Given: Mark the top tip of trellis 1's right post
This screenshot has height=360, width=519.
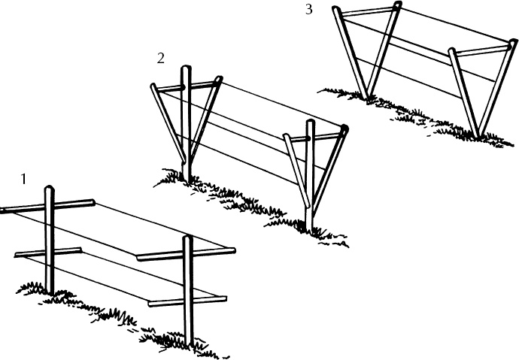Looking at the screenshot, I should tap(187, 239).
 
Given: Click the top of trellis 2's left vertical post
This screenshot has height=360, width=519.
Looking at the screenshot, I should tap(187, 70).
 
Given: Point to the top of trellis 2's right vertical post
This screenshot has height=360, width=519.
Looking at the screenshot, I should tap(310, 123).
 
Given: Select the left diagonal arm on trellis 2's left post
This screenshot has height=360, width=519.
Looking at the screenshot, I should tap(165, 120).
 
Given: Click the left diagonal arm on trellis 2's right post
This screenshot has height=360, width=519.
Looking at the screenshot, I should tap(295, 170).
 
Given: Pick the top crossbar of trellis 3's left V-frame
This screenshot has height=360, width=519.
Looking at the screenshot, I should tap(366, 11).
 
